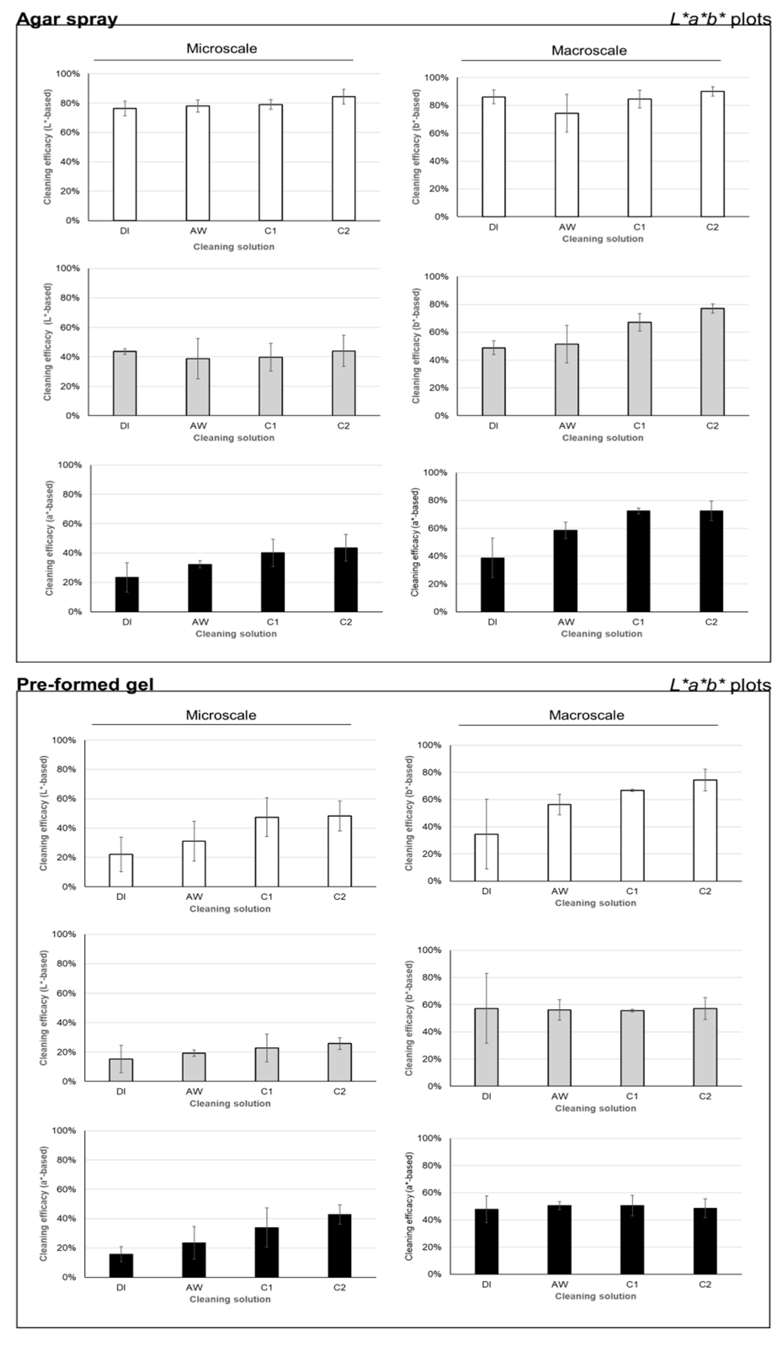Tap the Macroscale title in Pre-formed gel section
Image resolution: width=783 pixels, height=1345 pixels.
click(x=586, y=715)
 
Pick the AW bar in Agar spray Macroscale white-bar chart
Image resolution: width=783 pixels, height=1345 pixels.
click(x=566, y=165)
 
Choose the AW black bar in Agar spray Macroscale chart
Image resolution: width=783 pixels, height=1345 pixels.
click(x=565, y=570)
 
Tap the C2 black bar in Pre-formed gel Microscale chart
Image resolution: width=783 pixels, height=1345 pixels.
click(x=339, y=1246)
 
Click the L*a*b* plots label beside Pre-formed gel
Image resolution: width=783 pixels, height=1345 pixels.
click(x=720, y=685)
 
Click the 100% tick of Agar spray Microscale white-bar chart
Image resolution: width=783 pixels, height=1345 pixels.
click(x=68, y=74)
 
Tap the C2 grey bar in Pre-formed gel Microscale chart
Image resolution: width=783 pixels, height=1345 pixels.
click(x=339, y=1062)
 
